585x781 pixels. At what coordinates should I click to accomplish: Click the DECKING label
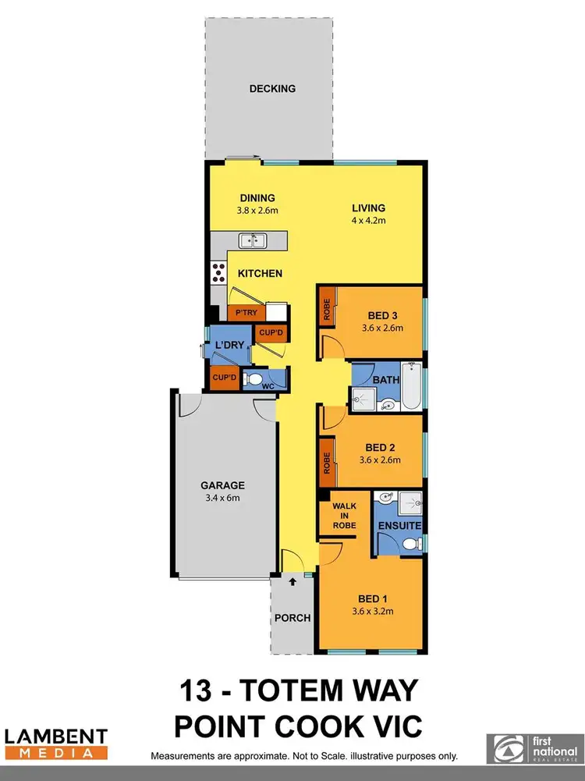[272, 89]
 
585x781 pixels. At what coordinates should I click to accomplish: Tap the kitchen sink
[253, 241]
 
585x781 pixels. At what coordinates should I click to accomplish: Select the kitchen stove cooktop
[218, 273]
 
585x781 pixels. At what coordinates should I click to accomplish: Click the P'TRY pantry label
[246, 313]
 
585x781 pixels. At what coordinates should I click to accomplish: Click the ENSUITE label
[400, 526]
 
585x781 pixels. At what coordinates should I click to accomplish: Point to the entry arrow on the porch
[293, 581]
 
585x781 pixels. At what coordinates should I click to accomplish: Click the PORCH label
[292, 618]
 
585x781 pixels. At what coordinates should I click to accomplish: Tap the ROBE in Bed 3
[327, 311]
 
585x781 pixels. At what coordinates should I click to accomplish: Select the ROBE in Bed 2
[327, 461]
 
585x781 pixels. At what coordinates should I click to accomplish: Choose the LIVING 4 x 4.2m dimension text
[369, 221]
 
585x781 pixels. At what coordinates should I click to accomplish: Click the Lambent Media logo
[56, 744]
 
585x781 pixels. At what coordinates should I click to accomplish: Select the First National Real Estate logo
[533, 747]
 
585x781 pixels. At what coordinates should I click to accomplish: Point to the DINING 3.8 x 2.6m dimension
[257, 211]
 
